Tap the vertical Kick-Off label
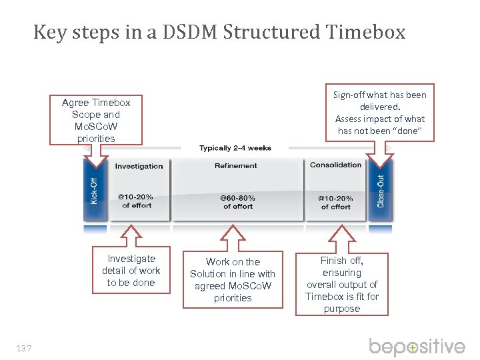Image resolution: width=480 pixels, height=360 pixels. [94, 189]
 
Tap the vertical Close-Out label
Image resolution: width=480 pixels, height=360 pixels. [381, 191]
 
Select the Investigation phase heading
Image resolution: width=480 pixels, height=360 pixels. [139, 166]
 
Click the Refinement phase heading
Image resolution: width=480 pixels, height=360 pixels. [235, 165]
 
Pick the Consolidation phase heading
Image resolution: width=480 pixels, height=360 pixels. [335, 165]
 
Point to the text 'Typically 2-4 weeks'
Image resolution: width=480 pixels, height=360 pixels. [235, 148]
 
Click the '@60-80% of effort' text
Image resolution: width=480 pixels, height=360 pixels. [237, 202]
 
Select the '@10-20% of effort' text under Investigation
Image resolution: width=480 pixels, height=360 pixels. [135, 201]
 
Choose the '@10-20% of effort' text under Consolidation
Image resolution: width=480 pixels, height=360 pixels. [335, 202]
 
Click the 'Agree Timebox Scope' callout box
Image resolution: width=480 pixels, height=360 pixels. [96, 121]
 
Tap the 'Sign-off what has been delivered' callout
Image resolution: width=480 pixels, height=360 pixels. [379, 113]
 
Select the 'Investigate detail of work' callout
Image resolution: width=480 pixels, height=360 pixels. [131, 271]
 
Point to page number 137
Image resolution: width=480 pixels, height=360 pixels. [24, 347]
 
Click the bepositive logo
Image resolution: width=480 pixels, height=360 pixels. [417, 347]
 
